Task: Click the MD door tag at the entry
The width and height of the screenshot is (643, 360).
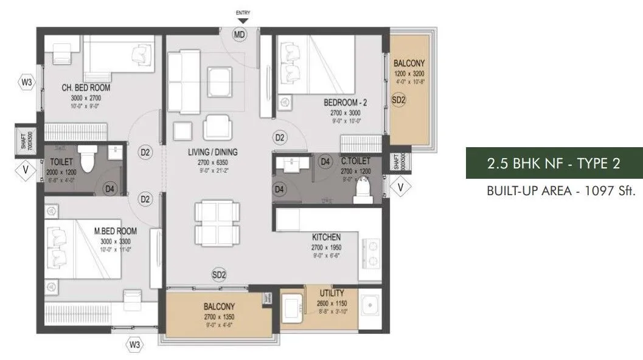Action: [x=240, y=35]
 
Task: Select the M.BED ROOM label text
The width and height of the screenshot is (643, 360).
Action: [x=115, y=231]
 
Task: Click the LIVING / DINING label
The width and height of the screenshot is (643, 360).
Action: [x=213, y=152]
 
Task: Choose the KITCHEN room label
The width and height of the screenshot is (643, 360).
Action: [x=326, y=237]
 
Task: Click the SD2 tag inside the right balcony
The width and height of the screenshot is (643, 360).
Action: [x=398, y=101]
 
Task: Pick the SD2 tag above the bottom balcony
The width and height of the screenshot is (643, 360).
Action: [x=219, y=275]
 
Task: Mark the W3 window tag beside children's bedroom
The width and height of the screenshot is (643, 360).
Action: [x=26, y=81]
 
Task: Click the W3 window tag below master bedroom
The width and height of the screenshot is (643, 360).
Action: [x=135, y=345]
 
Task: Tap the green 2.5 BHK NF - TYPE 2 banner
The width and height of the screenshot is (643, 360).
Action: [x=554, y=163]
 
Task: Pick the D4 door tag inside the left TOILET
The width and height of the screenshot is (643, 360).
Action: [x=109, y=189]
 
